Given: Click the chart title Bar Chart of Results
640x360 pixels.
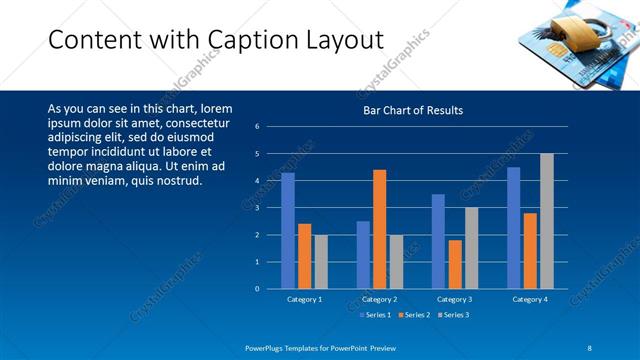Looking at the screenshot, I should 413,110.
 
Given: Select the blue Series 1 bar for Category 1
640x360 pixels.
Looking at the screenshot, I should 288,230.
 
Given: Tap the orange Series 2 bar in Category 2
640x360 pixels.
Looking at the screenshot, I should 379,229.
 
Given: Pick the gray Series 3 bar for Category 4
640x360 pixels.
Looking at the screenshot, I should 546,221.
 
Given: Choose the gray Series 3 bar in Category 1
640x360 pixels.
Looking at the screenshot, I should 320,261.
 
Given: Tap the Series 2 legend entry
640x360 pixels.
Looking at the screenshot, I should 416,315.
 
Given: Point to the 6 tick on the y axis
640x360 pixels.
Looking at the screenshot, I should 257,127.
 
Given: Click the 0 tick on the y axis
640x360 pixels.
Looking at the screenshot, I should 257,289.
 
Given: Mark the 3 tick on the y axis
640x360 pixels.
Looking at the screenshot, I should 257,208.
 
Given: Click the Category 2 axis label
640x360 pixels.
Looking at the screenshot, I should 379,299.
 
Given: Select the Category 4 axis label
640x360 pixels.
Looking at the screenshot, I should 530,299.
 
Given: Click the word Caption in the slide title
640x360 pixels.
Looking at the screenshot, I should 253,40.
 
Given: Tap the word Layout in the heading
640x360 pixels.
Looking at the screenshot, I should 342,40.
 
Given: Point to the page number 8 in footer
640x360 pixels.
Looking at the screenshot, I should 589,347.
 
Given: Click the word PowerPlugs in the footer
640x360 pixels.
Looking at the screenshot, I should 266,347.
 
